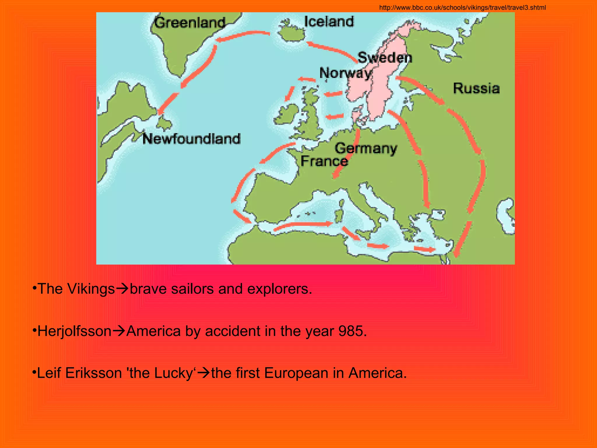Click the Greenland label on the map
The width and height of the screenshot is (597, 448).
(190, 23)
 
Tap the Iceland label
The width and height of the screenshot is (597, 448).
(329, 22)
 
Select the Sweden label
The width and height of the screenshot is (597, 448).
(385, 57)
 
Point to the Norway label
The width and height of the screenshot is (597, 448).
(345, 73)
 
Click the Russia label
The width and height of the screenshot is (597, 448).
(476, 88)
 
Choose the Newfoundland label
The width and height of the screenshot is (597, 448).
(192, 139)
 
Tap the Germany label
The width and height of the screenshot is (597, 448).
(366, 148)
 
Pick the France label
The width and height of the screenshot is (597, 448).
(324, 161)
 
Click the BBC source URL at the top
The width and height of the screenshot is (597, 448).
(462, 8)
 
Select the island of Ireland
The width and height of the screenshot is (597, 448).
(287, 114)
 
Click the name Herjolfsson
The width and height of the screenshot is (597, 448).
(75, 331)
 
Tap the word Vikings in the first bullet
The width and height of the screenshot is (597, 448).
(91, 289)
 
